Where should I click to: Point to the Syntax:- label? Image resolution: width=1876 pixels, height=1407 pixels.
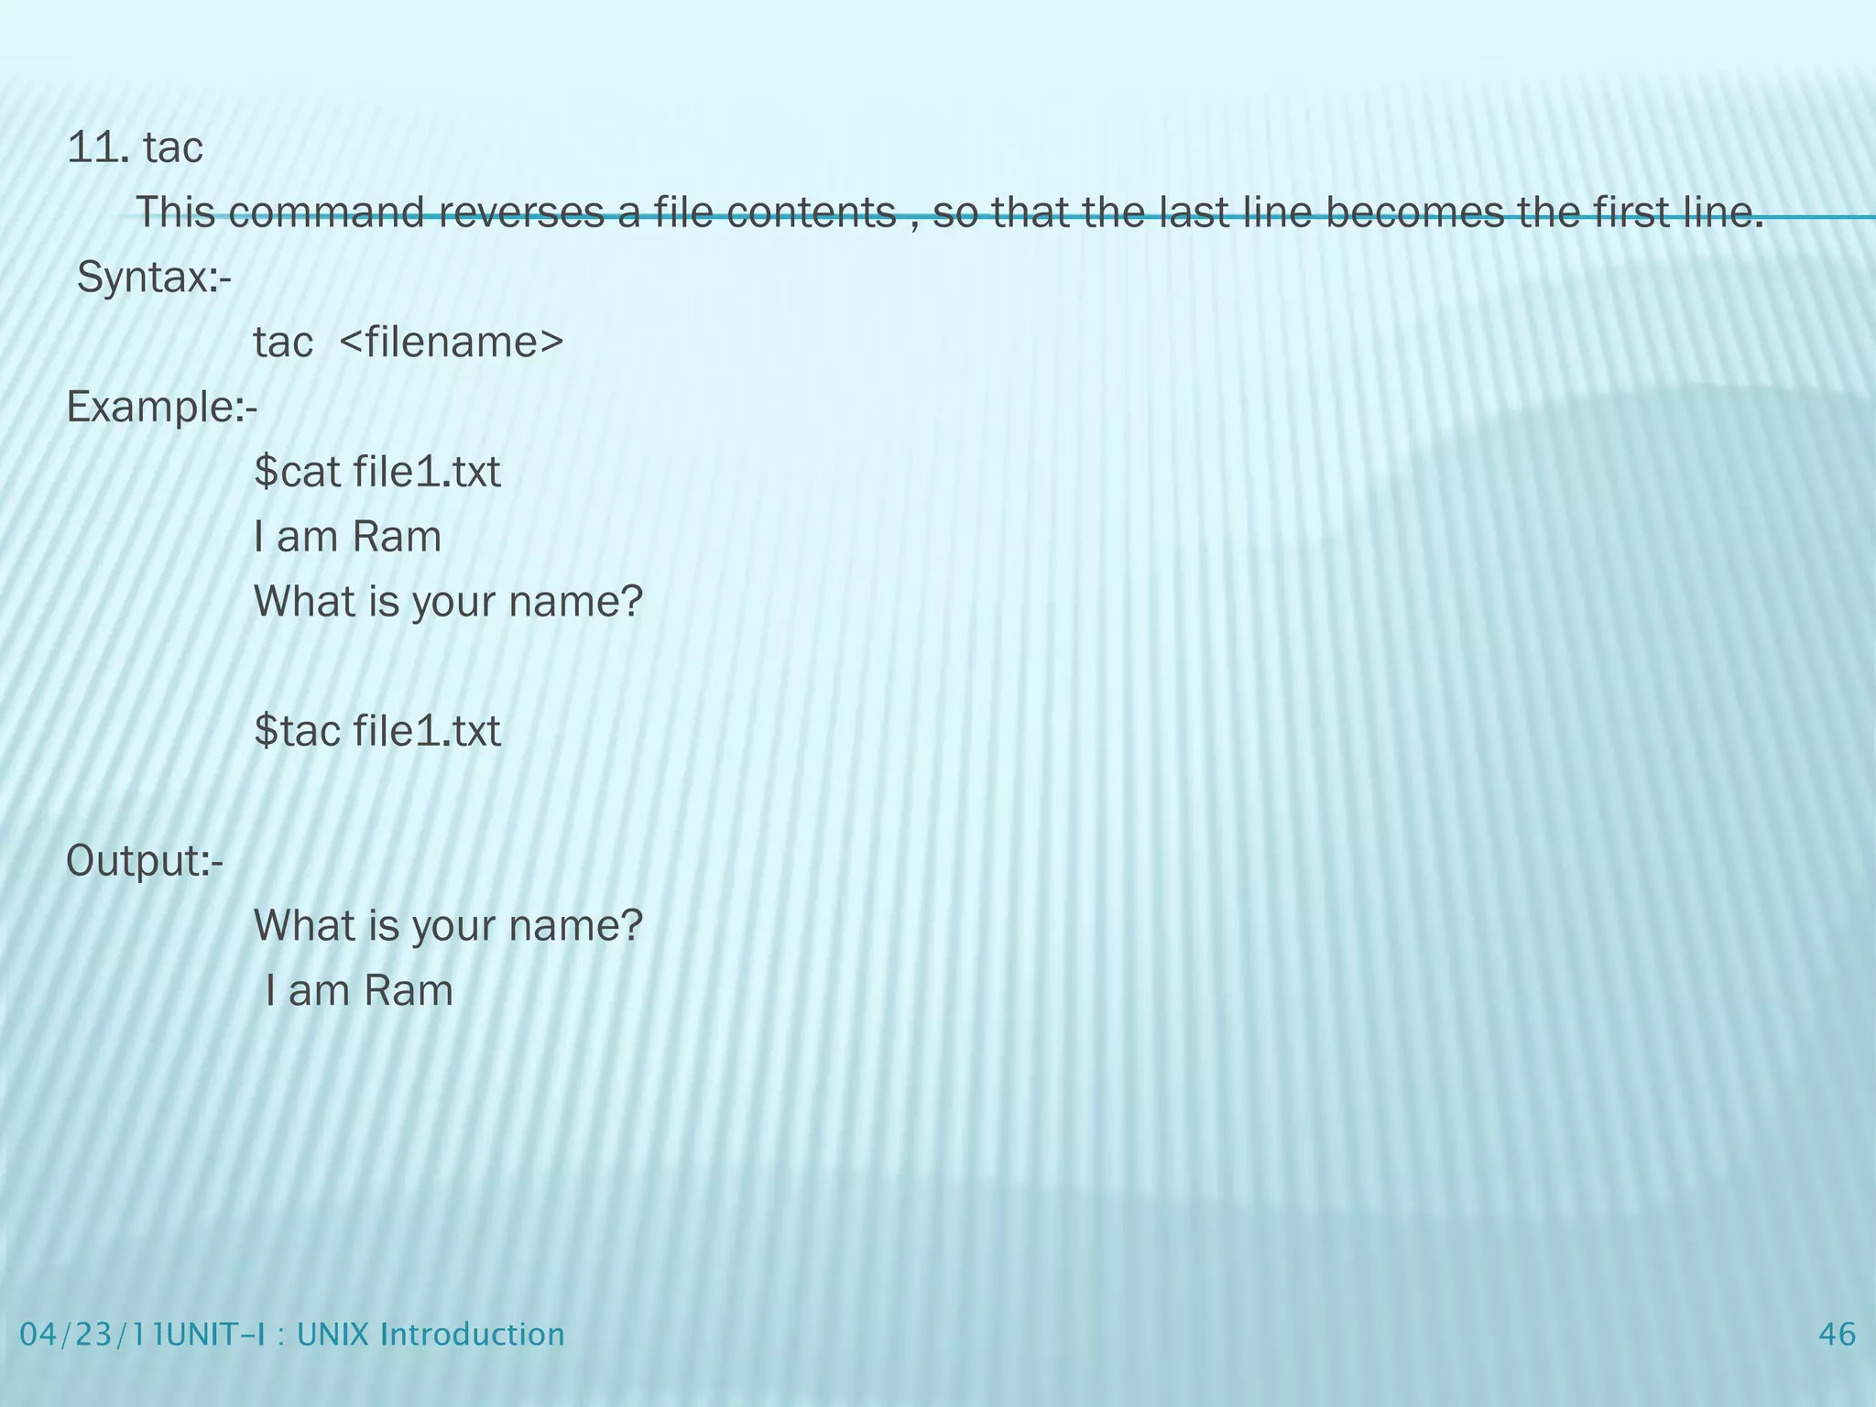[x=154, y=278]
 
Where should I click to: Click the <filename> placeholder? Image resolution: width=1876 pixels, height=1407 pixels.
[x=452, y=343]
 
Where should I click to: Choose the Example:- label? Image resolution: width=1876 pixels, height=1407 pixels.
[x=162, y=408]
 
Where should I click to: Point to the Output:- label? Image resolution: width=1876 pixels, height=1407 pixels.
[x=145, y=861]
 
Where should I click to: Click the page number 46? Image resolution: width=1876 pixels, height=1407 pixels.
[x=1837, y=1335]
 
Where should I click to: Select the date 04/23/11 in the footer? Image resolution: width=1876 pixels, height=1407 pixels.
[x=86, y=1335]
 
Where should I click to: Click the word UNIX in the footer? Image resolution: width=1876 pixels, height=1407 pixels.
[x=331, y=1335]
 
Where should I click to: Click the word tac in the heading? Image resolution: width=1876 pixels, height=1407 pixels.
[x=173, y=147]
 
